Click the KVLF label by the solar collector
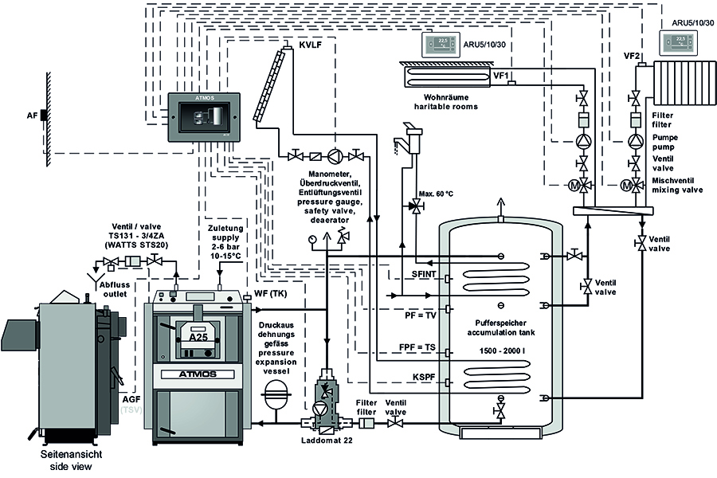[310, 45]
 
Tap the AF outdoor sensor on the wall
[44, 116]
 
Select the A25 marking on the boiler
[198, 337]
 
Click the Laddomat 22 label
[327, 441]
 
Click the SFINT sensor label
[424, 274]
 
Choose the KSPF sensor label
[424, 378]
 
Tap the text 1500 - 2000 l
[501, 351]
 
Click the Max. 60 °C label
[436, 194]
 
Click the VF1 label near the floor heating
[501, 76]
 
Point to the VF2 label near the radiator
[632, 56]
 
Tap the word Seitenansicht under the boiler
[71, 455]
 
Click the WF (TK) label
[270, 293]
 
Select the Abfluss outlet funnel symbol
[95, 278]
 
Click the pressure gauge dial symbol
[312, 239]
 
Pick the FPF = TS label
[417, 347]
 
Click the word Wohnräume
[446, 97]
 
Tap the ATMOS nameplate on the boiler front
[198, 374]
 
